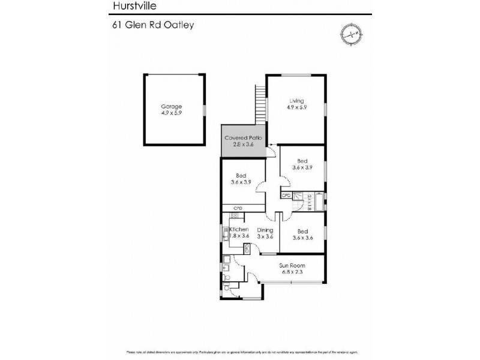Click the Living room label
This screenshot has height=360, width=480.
click(x=296, y=100)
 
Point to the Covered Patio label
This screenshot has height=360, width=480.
click(x=243, y=137)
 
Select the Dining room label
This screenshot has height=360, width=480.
click(x=265, y=230)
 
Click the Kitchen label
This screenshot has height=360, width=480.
click(x=238, y=230)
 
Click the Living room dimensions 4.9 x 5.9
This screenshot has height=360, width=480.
click(x=296, y=108)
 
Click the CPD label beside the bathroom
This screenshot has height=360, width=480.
click(x=286, y=194)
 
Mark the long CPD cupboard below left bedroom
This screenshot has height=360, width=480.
click(x=243, y=208)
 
